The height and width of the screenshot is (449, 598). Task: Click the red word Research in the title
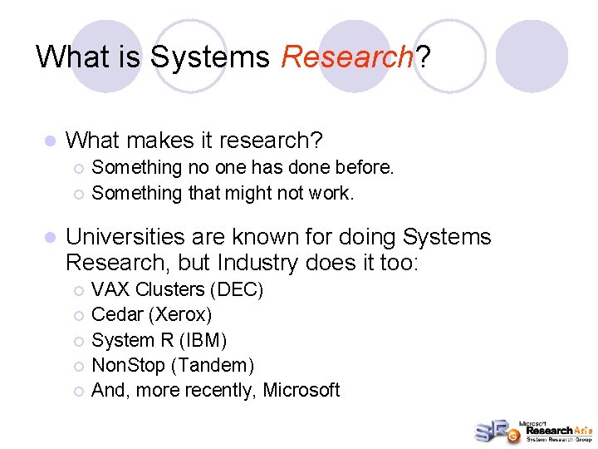click(x=347, y=57)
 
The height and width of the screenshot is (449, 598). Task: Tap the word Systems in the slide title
click(x=210, y=57)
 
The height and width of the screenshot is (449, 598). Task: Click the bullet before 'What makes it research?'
click(x=50, y=141)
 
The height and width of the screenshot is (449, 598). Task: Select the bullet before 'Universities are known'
click(x=50, y=238)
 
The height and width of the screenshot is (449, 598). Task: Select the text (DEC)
click(x=237, y=289)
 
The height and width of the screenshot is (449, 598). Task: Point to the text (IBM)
click(x=200, y=340)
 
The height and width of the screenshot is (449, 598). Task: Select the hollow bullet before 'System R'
click(x=78, y=341)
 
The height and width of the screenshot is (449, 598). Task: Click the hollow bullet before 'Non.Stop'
click(x=78, y=366)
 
